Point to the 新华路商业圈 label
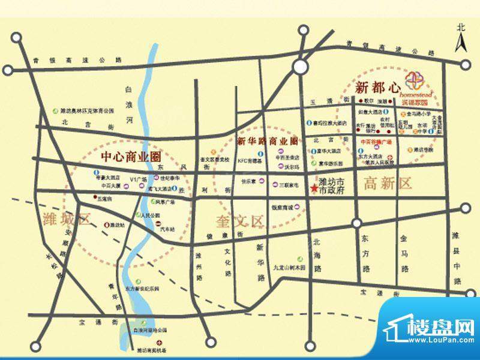[267, 142]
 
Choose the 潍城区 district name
[66, 218]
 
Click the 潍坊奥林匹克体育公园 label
[87, 111]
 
